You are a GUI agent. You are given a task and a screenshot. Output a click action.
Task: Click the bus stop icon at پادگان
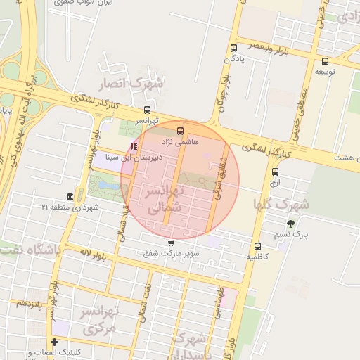pos(233,48)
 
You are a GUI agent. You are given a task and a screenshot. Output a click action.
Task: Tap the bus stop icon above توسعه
pos(324,61)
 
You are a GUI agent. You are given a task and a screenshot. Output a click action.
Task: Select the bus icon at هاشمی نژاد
pos(180,131)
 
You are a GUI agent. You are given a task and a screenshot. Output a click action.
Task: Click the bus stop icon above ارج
pos(275,172)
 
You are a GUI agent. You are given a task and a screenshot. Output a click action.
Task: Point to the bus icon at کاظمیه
pos(257,246)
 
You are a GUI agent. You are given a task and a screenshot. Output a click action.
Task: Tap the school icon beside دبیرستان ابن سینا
pos(134,146)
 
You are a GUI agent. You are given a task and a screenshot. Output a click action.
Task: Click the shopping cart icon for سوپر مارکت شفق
pos(170,243)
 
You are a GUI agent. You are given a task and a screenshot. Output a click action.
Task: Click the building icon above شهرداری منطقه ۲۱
pos(69,196)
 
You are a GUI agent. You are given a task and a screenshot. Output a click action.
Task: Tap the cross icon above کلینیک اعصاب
pos(54,342)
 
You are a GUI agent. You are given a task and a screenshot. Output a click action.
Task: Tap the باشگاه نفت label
pos(32,250)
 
